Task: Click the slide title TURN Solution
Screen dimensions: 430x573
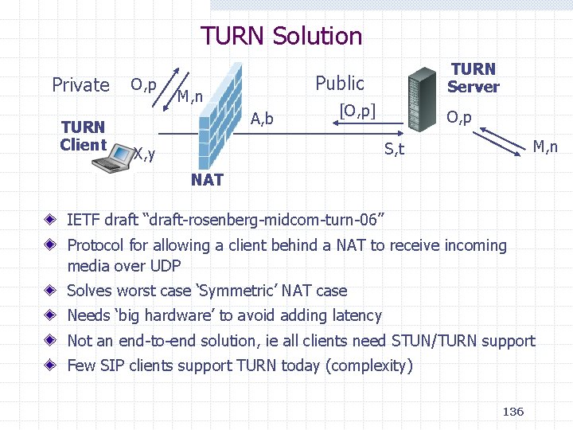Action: click(281, 36)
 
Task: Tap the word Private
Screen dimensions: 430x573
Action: click(80, 84)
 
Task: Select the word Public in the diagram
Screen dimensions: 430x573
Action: click(340, 83)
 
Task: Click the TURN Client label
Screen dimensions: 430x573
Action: click(83, 135)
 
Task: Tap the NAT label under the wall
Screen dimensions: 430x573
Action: click(207, 180)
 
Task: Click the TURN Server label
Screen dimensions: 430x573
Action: click(473, 78)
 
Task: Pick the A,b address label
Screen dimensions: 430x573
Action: click(262, 119)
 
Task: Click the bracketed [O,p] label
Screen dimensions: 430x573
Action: click(357, 110)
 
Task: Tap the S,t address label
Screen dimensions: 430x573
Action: click(395, 147)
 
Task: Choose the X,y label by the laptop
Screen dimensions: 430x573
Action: click(143, 152)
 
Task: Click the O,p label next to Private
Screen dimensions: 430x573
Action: click(143, 84)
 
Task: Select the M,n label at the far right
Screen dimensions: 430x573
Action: click(545, 147)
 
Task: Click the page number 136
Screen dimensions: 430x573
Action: click(513, 411)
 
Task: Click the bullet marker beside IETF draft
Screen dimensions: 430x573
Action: click(49, 217)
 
